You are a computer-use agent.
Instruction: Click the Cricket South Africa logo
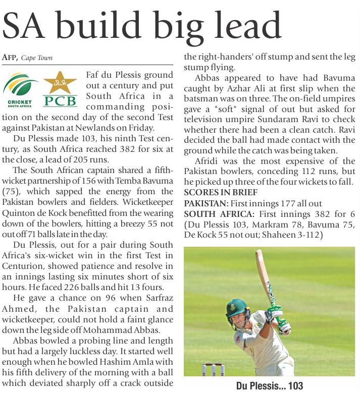[x=20, y=89]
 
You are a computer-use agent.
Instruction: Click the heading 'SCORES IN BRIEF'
[x=221, y=193]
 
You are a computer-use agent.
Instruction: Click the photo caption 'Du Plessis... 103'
[x=269, y=386]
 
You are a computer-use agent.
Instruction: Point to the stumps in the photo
[x=213, y=369]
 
